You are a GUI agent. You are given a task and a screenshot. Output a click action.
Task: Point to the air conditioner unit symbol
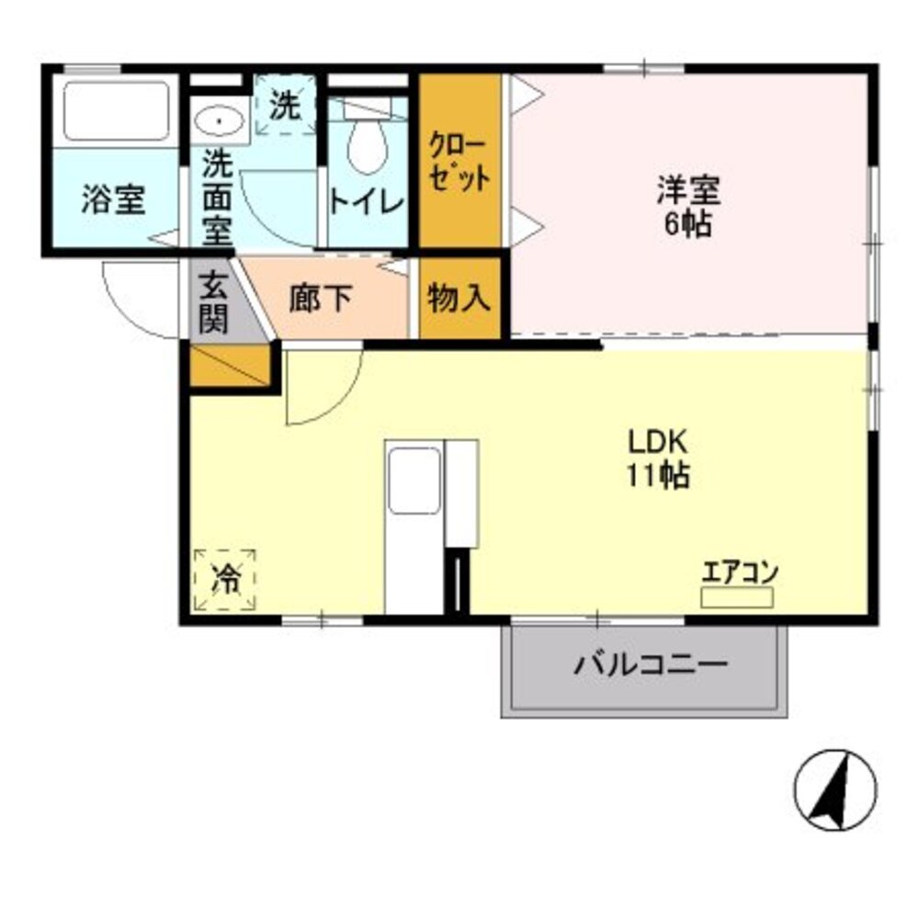coord(737,597)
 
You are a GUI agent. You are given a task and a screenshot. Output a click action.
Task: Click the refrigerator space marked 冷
coord(224,579)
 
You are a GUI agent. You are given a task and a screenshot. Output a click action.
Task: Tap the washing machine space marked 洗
coord(285,106)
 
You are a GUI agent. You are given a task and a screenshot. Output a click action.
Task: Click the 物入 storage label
coord(459,298)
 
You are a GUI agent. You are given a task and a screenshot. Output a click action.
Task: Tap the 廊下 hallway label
coord(320,299)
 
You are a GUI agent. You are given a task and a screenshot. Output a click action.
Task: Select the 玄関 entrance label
coord(213,303)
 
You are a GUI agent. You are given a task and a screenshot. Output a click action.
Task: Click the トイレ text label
coord(367,201)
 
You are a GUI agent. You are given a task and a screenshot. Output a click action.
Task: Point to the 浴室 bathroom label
coord(113,199)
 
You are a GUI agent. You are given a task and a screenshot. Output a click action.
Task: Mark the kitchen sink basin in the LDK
coord(414,480)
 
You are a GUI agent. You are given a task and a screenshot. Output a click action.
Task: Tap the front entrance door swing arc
coord(138,299)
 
